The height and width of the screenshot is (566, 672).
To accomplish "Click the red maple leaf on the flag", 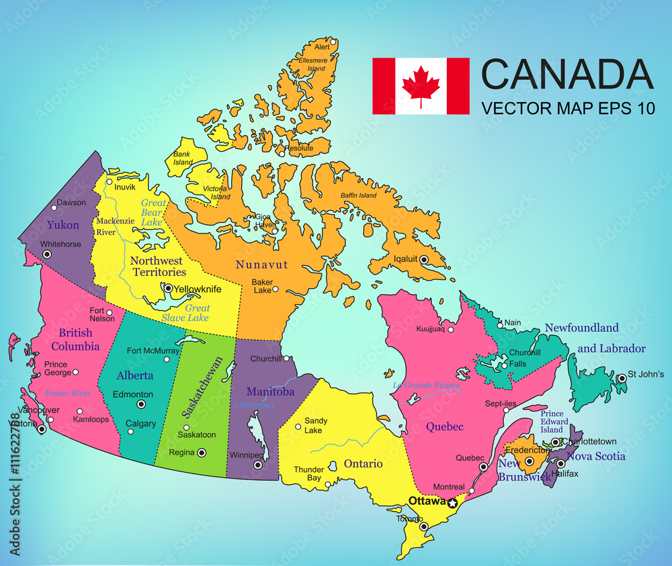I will pos(421,86).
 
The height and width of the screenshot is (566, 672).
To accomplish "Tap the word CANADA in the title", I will pos(567,75).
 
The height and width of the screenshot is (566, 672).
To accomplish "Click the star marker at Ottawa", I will pos(452,503).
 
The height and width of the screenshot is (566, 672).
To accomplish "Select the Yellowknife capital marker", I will pos(168,288).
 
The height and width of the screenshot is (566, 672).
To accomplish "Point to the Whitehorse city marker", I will pos(46,254).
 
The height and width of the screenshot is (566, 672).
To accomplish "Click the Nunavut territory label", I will pos(261,265).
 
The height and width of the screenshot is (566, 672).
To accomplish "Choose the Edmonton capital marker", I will pos(141,404).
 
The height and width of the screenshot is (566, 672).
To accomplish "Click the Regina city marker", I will pos(202,453).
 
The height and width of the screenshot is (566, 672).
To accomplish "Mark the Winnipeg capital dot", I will pos(257,465).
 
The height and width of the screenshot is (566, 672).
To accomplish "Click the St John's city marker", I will pos(622,379).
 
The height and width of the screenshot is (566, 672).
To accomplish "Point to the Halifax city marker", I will pos(560,463).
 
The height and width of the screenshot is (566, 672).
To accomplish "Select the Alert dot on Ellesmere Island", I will pos(333,42).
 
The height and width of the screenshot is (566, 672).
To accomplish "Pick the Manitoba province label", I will pos(270,391).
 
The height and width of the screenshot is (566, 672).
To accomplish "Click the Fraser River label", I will pos(67,393).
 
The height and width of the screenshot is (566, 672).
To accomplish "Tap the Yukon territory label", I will pos(62,225).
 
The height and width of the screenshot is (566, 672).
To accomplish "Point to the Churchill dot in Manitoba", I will pos(286,359).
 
